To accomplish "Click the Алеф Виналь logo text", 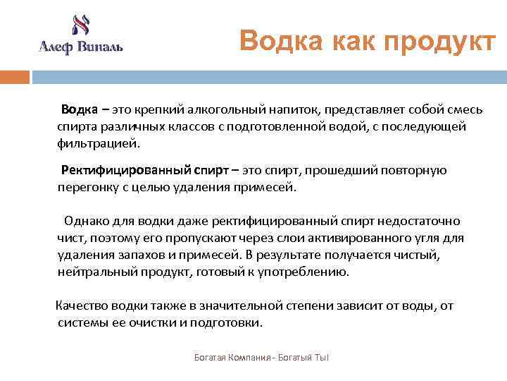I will point(80,47).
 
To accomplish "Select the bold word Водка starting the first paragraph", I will point(80,110).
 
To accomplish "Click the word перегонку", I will point(87,187).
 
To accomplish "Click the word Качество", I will point(82,306).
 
